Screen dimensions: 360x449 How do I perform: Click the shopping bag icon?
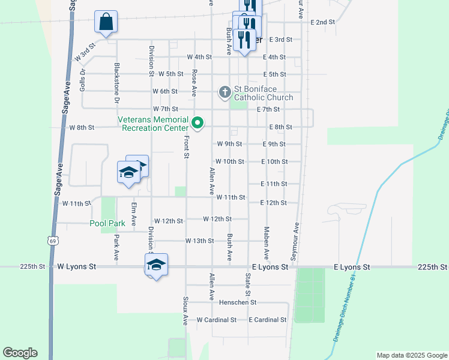pyautogui.click(x=106, y=22)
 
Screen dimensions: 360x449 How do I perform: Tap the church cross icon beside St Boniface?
pyautogui.click(x=224, y=92)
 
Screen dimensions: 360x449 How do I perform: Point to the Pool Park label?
pyautogui.click(x=107, y=223)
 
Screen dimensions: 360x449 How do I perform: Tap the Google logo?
pyautogui.click(x=20, y=353)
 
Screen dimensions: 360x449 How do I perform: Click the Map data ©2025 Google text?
pyautogui.click(x=411, y=355)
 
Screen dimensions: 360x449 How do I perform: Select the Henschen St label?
pyautogui.click(x=238, y=302)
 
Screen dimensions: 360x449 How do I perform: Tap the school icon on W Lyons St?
pyautogui.click(x=156, y=265)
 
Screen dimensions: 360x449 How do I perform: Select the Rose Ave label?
pyautogui.click(x=194, y=83)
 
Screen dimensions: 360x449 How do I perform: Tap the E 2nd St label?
pyautogui.click(x=322, y=22)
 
